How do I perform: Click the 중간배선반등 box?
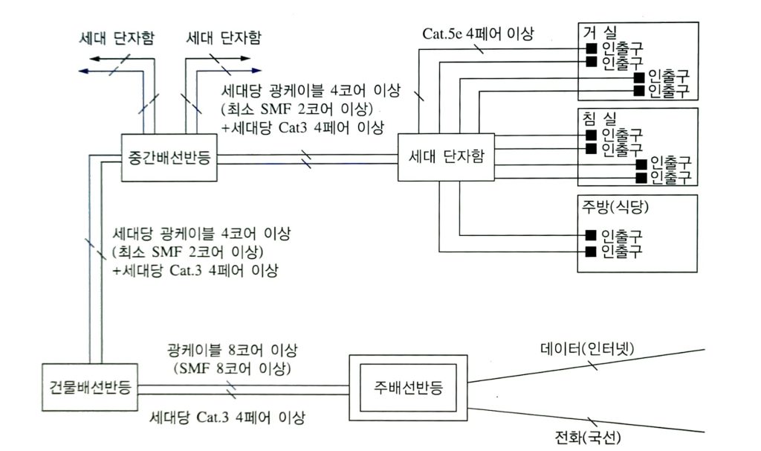(170, 157)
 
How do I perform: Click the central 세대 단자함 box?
(446, 157)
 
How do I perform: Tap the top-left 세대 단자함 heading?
(117, 38)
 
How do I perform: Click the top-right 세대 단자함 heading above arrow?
(224, 38)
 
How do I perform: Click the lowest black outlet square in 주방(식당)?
(590, 250)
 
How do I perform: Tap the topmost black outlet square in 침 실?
(590, 135)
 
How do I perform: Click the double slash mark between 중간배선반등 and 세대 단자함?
(306, 157)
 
